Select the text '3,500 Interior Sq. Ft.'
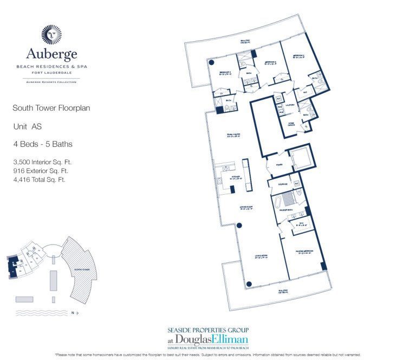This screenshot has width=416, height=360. [42, 162]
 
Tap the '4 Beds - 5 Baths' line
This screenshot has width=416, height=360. [43, 144]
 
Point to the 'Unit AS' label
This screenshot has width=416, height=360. [28, 126]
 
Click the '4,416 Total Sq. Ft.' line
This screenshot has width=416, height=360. [39, 179]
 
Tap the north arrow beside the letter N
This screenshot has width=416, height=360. [77, 313]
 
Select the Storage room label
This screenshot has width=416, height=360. [282, 184]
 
